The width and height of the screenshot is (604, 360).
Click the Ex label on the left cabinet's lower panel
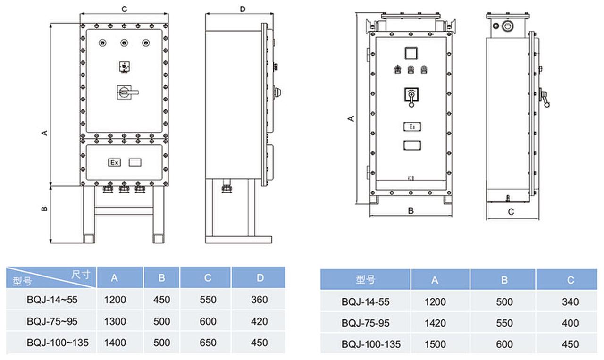114,162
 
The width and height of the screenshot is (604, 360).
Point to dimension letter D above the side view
243,9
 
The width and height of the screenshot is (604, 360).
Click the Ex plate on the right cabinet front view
411,126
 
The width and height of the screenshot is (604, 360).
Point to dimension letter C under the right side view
511,212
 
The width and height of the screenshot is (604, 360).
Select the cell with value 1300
115,321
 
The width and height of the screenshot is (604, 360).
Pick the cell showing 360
260,300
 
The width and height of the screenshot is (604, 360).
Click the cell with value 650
208,343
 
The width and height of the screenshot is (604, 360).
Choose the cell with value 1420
435,323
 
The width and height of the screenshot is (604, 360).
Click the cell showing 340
570,302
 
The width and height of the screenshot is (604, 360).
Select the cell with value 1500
435,344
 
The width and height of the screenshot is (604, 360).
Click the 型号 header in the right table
365,280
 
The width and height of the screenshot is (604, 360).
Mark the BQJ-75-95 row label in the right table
365,323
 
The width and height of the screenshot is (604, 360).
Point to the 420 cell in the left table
260,321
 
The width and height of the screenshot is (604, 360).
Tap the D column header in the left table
260,278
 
